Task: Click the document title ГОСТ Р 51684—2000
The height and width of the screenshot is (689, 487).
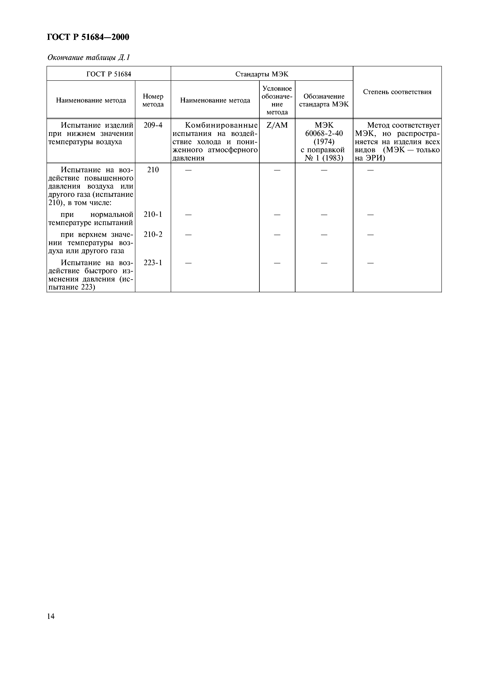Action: [x=88, y=37]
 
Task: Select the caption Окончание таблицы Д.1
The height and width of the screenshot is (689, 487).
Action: [x=89, y=57]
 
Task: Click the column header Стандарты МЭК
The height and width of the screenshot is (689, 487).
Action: [x=262, y=74]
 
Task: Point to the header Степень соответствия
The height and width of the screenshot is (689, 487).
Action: [x=397, y=92]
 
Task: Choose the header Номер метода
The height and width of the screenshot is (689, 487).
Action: [x=153, y=100]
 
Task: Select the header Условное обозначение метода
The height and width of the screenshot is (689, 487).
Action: [x=277, y=100]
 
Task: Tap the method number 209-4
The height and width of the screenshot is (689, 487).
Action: [x=153, y=125]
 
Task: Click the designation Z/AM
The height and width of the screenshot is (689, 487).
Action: [x=277, y=125]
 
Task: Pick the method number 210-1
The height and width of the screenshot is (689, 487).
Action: [x=153, y=214]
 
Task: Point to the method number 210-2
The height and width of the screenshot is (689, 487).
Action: [x=153, y=234]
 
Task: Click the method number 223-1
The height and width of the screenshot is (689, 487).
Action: [x=153, y=263]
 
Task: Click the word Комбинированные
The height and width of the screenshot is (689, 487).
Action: [x=221, y=125]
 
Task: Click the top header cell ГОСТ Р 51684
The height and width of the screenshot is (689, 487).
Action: [x=109, y=74]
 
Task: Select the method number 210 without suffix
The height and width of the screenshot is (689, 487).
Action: [x=153, y=170]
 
